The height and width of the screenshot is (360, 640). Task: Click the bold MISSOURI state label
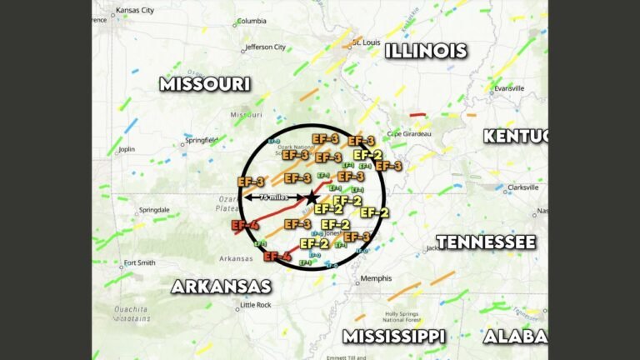205,83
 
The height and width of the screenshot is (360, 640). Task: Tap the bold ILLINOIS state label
425,51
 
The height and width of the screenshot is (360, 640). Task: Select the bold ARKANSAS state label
221,286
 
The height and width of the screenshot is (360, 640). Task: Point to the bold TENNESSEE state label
486,242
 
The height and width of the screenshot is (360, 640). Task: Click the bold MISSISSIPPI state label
393,336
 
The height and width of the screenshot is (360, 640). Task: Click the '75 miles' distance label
272,197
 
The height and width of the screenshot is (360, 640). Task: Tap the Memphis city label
372,279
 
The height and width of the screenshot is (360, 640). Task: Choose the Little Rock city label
255,305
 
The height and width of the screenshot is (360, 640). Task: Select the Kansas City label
135,11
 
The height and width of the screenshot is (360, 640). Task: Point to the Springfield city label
201,140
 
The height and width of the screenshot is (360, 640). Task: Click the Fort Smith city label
139,263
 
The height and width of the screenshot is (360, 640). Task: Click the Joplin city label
127,150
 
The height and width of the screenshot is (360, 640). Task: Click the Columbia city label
252,21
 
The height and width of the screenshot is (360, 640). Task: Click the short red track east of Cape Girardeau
417,115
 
